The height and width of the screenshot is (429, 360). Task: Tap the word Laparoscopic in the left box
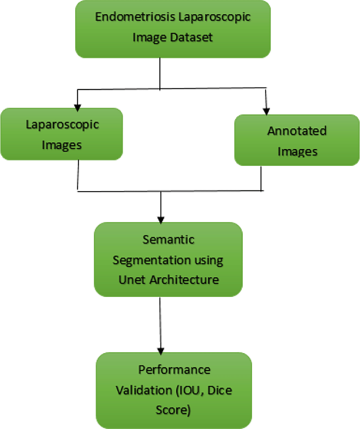click(x=62, y=125)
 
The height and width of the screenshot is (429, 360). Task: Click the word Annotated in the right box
click(x=297, y=131)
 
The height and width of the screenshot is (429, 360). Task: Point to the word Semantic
click(x=168, y=240)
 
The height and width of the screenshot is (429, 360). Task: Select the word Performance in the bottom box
click(x=174, y=370)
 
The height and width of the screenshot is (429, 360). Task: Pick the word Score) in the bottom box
click(x=173, y=410)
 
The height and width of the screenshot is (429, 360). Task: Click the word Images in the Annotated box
click(x=297, y=152)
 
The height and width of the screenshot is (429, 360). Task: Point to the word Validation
click(x=139, y=390)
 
